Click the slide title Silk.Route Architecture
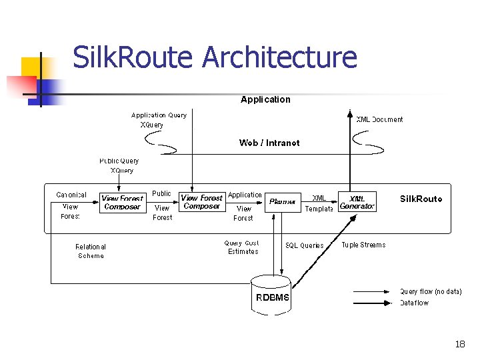(x=214, y=57)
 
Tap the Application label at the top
(x=265, y=99)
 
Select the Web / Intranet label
(x=269, y=143)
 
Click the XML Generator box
(x=357, y=202)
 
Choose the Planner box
(x=282, y=201)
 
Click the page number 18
(x=459, y=344)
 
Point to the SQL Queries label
(x=304, y=245)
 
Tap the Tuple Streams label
(x=363, y=245)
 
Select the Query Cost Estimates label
(x=243, y=247)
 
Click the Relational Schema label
(x=91, y=251)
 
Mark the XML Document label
(x=379, y=120)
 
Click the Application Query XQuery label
(x=159, y=120)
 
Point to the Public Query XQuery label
(x=119, y=165)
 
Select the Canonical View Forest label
(x=71, y=205)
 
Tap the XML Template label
(x=319, y=203)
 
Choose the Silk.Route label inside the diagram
(x=421, y=199)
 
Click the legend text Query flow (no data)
(x=430, y=291)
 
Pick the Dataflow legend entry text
(x=414, y=303)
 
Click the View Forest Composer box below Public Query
(x=122, y=203)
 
